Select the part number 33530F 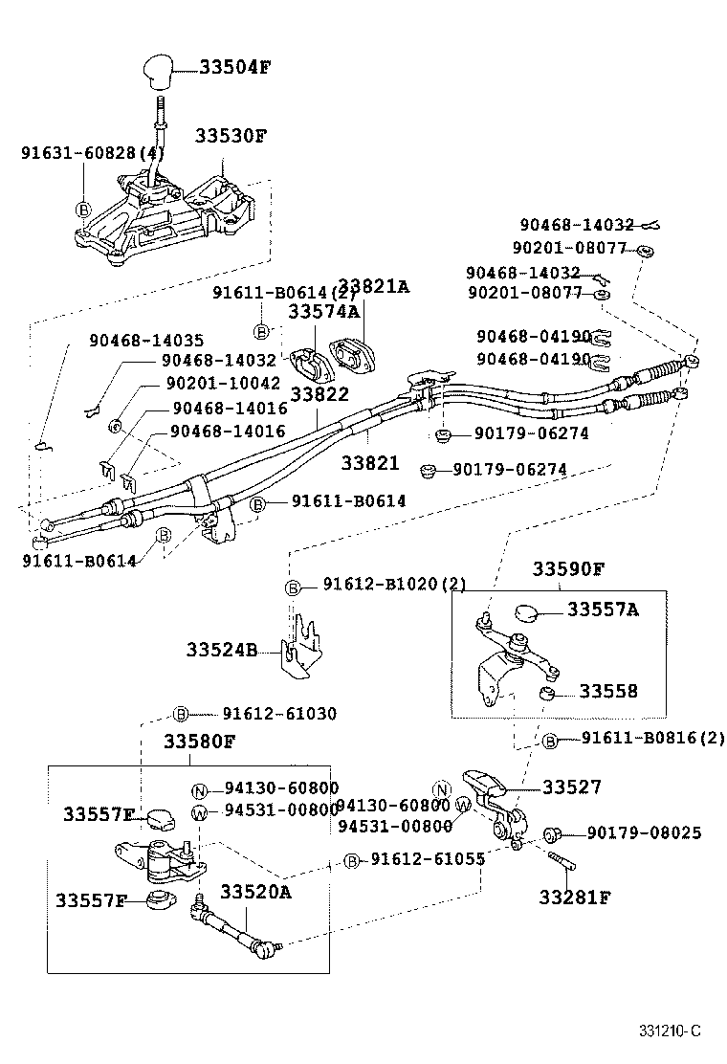[x=231, y=136]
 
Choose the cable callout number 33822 [x=319, y=394]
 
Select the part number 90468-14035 [x=146, y=340]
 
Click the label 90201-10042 [x=222, y=383]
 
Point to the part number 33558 [x=607, y=691]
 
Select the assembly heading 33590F [x=568, y=569]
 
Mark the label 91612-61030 [x=279, y=714]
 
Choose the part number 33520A [x=255, y=892]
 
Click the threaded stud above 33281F [x=562, y=860]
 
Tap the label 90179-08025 [x=644, y=833]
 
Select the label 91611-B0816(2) [x=653, y=739]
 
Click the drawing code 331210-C [x=671, y=1031]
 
